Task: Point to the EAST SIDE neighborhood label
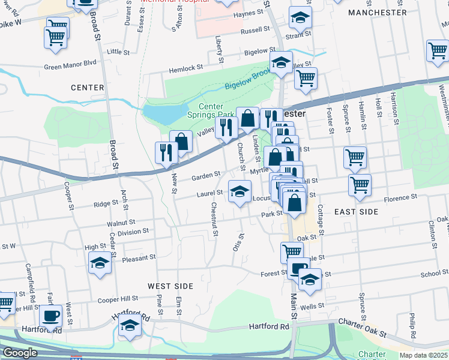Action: (356, 212)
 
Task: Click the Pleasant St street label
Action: (139, 257)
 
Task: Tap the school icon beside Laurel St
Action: (240, 192)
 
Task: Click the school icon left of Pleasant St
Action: (100, 262)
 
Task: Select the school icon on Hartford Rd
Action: (129, 326)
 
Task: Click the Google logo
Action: (20, 353)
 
